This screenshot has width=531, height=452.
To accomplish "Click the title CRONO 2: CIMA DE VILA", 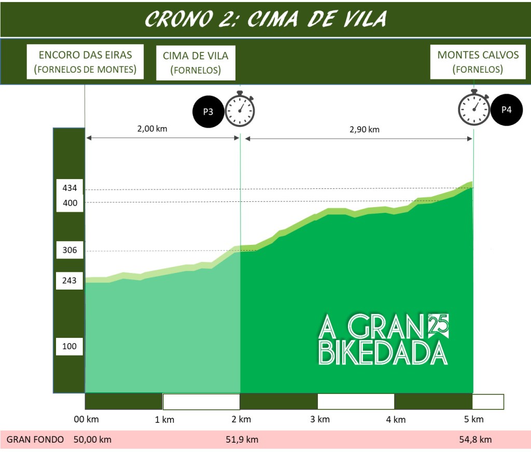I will [x=265, y=19].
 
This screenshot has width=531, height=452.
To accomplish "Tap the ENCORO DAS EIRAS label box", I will [x=85, y=62].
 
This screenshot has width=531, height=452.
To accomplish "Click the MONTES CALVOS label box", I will [x=478, y=62].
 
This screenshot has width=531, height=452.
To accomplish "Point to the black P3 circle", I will [x=208, y=111].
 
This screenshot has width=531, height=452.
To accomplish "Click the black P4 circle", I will [x=506, y=109].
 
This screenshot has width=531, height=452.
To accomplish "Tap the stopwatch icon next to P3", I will [x=240, y=109].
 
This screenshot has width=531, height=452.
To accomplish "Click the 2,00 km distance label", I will [x=152, y=129].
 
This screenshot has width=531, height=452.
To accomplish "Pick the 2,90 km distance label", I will [x=364, y=130].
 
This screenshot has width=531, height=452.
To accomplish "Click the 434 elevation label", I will [x=69, y=188].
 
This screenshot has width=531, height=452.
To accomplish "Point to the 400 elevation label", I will [x=69, y=203].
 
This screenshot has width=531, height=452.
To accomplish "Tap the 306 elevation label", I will [x=69, y=250].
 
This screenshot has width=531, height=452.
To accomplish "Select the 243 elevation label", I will [x=69, y=281].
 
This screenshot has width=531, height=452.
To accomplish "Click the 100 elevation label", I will [x=69, y=346].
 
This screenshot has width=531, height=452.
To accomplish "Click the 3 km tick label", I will [x=320, y=419].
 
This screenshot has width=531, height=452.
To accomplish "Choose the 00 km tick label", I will [x=86, y=419].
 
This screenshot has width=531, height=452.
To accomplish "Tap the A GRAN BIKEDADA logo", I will [x=383, y=340].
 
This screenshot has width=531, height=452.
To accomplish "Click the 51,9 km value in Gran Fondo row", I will [x=242, y=440].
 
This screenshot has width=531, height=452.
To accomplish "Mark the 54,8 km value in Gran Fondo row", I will [x=475, y=440].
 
